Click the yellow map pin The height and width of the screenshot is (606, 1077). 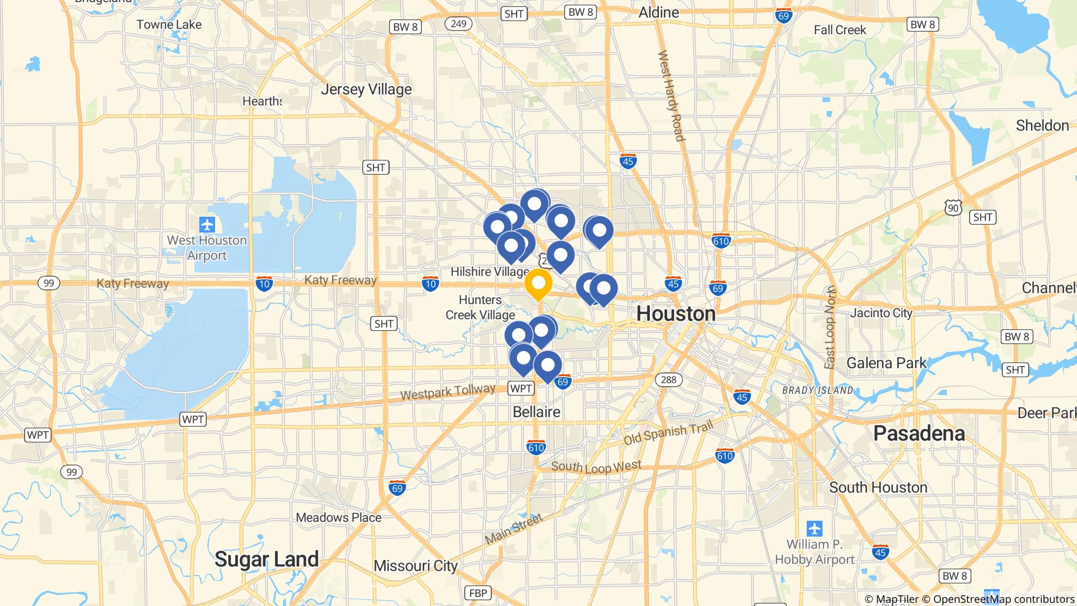[x=538, y=284]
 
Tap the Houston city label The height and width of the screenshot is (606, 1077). [x=676, y=314]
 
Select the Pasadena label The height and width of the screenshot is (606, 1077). [x=919, y=433]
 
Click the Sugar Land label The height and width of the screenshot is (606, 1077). [x=267, y=559]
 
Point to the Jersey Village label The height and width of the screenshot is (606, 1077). [x=366, y=89]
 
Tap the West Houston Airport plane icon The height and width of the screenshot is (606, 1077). [x=208, y=225]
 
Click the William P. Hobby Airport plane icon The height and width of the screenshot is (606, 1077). [x=815, y=528]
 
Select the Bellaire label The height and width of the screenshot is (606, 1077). [x=536, y=412]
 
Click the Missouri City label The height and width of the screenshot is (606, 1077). [x=415, y=566]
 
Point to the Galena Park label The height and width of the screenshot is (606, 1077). [x=886, y=363]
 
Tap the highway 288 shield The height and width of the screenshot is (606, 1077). [x=668, y=379]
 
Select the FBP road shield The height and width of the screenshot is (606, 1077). [x=478, y=593]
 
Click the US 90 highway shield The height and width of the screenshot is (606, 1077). [x=953, y=208]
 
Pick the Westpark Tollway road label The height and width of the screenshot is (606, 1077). [x=448, y=392]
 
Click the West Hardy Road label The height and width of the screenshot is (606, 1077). [x=671, y=96]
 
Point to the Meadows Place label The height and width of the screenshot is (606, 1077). [x=339, y=518]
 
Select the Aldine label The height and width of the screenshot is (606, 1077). [x=658, y=12]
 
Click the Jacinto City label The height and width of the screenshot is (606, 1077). [x=881, y=313]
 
